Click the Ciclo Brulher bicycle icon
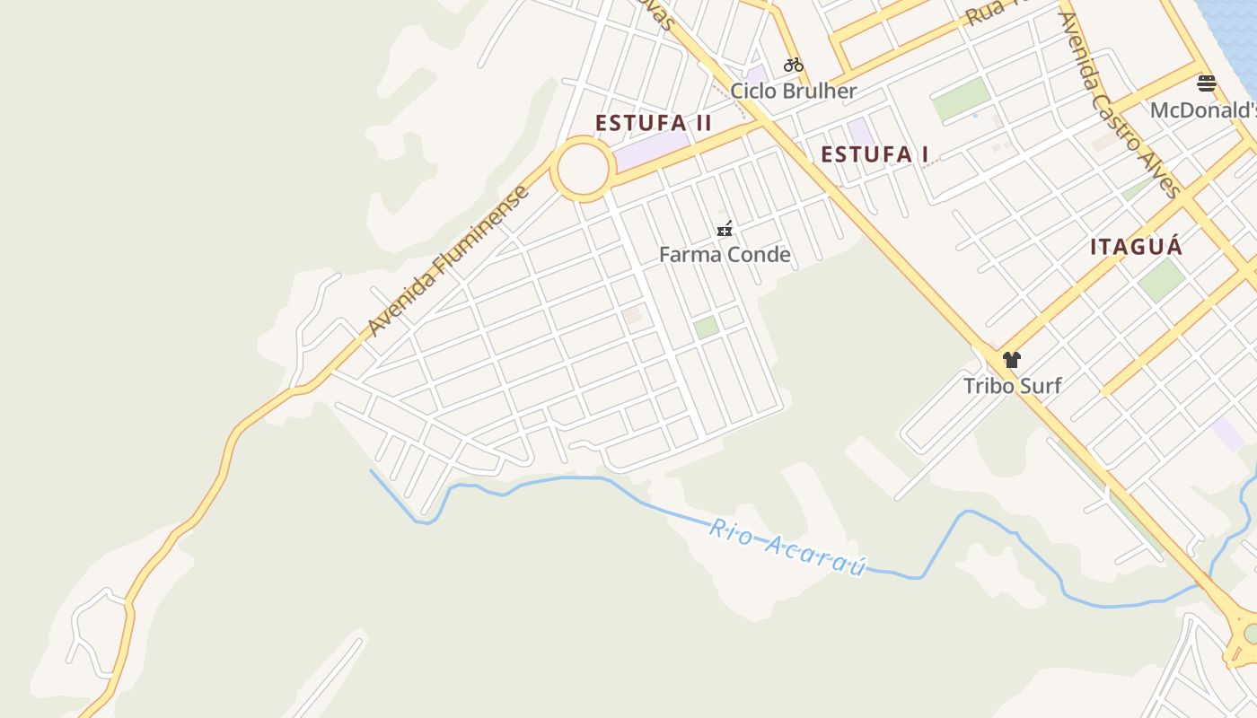pyautogui.click(x=793, y=65)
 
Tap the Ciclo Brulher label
pyautogui.click(x=793, y=91)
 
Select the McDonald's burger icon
pyautogui.click(x=1207, y=84)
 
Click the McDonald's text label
pyautogui.click(x=1203, y=110)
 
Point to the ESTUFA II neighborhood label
pyautogui.click(x=654, y=123)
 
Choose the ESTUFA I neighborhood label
pyautogui.click(x=875, y=154)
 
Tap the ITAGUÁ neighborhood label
pyautogui.click(x=1136, y=247)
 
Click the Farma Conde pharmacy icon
pyautogui.click(x=725, y=229)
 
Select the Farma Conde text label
pyautogui.click(x=725, y=255)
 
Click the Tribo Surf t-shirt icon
pyautogui.click(x=1012, y=360)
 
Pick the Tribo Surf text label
pyautogui.click(x=1012, y=386)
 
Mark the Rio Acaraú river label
pyautogui.click(x=787, y=547)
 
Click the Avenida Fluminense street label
pyautogui.click(x=449, y=261)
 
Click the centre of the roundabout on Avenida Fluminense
pyautogui.click(x=584, y=169)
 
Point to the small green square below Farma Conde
pyautogui.click(x=707, y=328)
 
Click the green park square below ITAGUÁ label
pyautogui.click(x=1162, y=280)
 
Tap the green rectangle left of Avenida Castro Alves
pyautogui.click(x=961, y=99)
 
